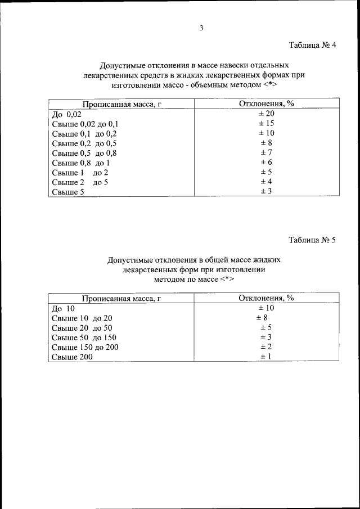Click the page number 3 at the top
click(201, 29)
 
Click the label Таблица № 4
click(312, 45)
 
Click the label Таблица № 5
click(312, 241)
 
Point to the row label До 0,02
click(66, 114)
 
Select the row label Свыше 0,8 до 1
click(80, 163)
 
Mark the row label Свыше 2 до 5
click(80, 182)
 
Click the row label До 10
click(63, 308)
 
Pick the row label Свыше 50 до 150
click(84, 337)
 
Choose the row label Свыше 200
click(71, 357)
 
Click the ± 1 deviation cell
click(266, 357)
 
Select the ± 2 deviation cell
click(266, 347)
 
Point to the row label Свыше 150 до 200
click(85, 347)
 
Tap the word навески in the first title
click(226, 65)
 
